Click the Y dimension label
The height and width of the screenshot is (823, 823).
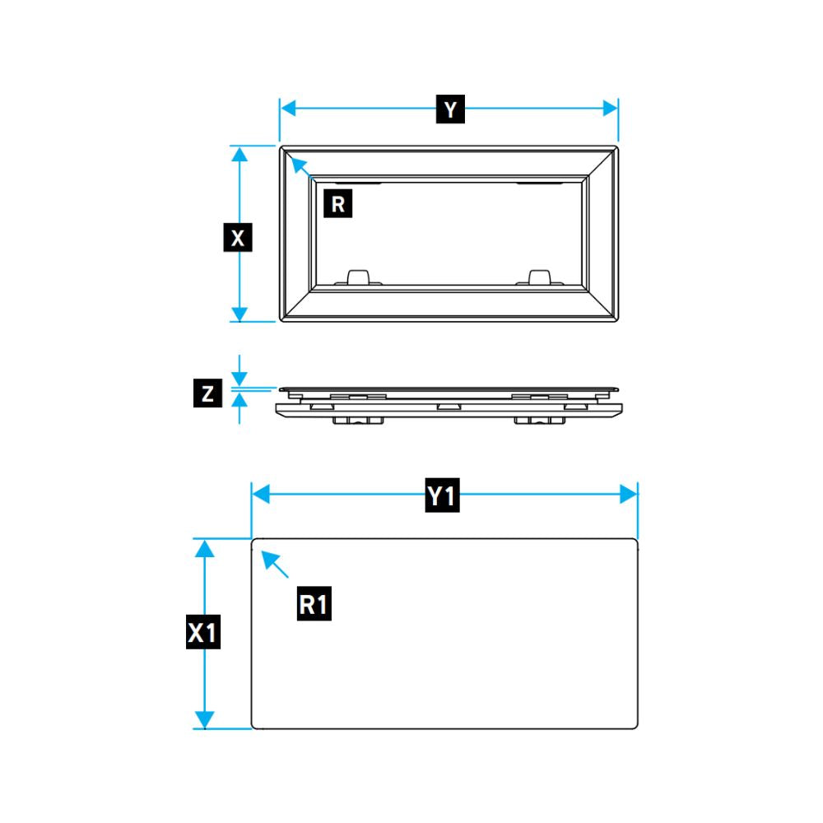(450, 109)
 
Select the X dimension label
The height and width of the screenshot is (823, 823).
(238, 237)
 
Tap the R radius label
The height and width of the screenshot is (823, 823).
(338, 203)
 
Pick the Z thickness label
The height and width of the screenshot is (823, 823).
(208, 393)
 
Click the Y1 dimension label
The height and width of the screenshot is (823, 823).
(443, 495)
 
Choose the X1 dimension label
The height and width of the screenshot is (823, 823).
(203, 632)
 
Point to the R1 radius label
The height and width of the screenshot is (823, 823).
(314, 603)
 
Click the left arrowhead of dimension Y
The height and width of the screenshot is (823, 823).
(288, 109)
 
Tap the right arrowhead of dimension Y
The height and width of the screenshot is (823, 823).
(610, 109)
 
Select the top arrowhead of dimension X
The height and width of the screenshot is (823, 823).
(239, 155)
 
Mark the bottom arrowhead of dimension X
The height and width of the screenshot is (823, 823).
(239, 314)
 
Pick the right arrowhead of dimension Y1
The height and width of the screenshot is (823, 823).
(628, 495)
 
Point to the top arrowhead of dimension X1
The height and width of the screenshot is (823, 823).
(204, 549)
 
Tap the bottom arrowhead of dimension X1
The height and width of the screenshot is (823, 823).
(204, 719)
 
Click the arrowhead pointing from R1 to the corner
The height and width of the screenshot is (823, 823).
(269, 559)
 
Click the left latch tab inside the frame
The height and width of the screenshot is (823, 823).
(359, 277)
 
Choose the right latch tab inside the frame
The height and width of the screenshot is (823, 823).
(539, 277)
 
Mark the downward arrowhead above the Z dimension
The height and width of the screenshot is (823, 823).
(239, 379)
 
